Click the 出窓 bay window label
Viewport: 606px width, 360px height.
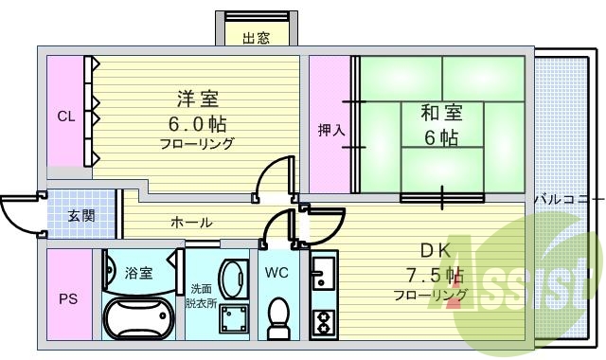(x=256, y=38)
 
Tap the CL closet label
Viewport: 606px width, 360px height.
(x=65, y=117)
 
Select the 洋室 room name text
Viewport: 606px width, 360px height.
(x=197, y=99)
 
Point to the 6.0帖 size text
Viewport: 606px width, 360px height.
(x=197, y=123)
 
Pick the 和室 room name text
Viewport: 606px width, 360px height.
(x=442, y=114)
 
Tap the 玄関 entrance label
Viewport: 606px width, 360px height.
(x=80, y=215)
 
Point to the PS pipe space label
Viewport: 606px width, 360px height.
(x=69, y=299)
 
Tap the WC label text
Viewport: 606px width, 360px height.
(x=276, y=273)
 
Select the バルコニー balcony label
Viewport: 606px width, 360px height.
(x=568, y=200)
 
